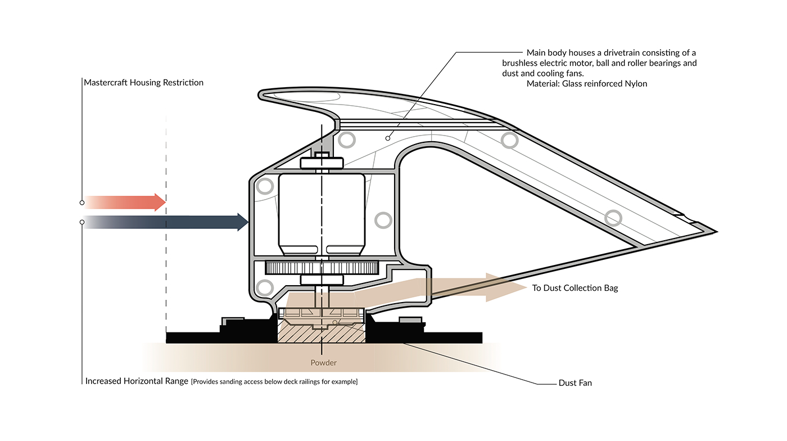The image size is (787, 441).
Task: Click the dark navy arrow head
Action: pos(242,222)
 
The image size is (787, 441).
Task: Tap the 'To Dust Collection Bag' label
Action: pos(575,288)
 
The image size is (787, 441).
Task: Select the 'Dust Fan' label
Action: pos(575,383)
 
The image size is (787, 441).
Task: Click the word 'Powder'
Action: pos(324,363)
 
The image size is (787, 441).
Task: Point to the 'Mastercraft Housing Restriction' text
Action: pos(143,82)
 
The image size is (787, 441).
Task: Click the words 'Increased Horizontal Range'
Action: pos(137,381)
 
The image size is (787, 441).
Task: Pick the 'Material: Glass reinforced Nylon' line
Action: pos(587,84)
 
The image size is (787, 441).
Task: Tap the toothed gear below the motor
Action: pos(322,268)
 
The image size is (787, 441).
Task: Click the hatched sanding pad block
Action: pos(322,334)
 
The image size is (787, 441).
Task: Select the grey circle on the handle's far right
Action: pos(613,218)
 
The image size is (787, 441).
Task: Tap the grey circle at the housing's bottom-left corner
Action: pos(262,288)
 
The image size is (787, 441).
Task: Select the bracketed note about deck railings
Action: pos(274,382)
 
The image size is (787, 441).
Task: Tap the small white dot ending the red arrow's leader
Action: pos(82,202)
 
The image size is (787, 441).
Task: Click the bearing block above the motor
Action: pos(322,163)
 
